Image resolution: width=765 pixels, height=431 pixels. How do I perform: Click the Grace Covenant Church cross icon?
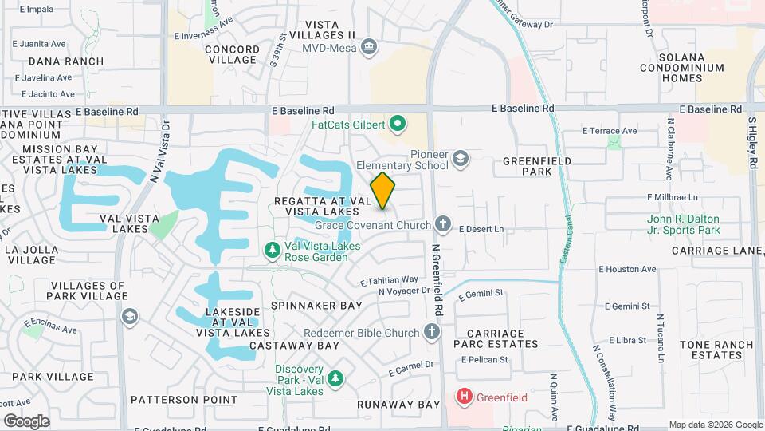pyautogui.click(x=443, y=225)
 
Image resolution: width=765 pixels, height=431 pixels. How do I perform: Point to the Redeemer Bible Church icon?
pyautogui.click(x=431, y=331)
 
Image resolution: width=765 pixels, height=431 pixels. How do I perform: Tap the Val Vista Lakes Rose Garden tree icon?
pyautogui.click(x=273, y=251)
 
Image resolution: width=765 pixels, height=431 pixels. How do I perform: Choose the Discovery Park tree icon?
pyautogui.click(x=336, y=377)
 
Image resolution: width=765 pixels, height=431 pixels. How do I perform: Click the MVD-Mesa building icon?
pyautogui.click(x=369, y=47)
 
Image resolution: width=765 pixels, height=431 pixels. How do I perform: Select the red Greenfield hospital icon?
pyautogui.click(x=463, y=396)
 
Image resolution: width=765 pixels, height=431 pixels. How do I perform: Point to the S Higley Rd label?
pyautogui.click(x=752, y=142)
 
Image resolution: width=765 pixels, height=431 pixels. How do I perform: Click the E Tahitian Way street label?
pyautogui.click(x=389, y=281)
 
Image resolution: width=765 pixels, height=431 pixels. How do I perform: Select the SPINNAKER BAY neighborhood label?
pyautogui.click(x=316, y=306)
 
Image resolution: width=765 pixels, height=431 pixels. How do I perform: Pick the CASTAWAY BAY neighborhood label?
pyautogui.click(x=295, y=346)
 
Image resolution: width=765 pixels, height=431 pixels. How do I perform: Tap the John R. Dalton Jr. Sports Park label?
pyautogui.click(x=683, y=224)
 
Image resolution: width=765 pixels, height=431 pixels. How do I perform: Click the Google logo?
pyautogui.click(x=26, y=421)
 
